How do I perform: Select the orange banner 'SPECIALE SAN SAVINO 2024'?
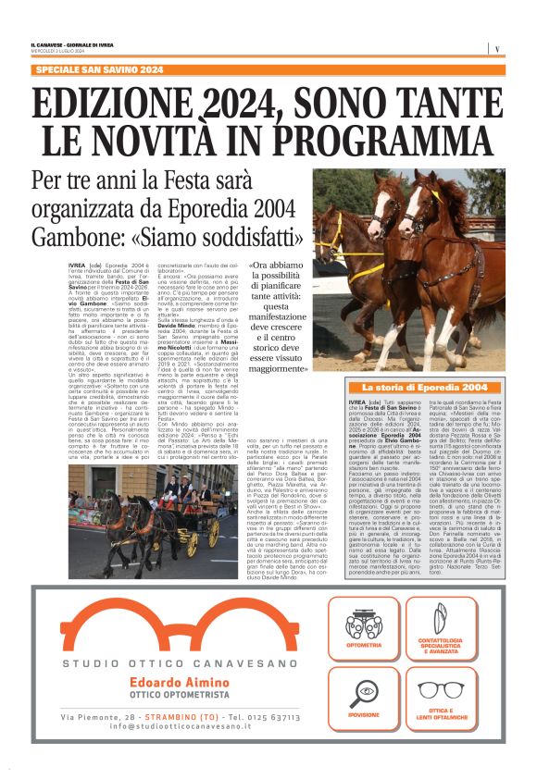pyautogui.click(x=98, y=70)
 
